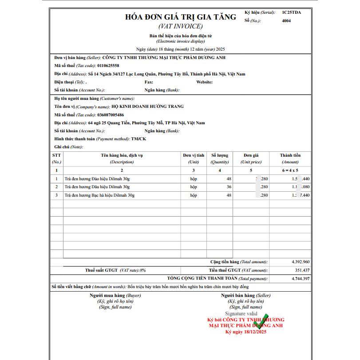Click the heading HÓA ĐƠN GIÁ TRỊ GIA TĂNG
pos(181,17)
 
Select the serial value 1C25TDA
pos(291,12)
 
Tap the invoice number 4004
pos(286,20)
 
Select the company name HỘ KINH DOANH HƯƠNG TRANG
pos(147,107)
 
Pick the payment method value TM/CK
pos(139,139)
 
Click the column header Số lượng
pos(220,155)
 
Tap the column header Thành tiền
pos(290,155)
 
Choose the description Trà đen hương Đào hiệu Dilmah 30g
pos(97,178)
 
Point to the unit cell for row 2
pos(194,187)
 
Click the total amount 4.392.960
pos(301,262)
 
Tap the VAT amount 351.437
pos(302,270)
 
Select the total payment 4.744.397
pos(301,278)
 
